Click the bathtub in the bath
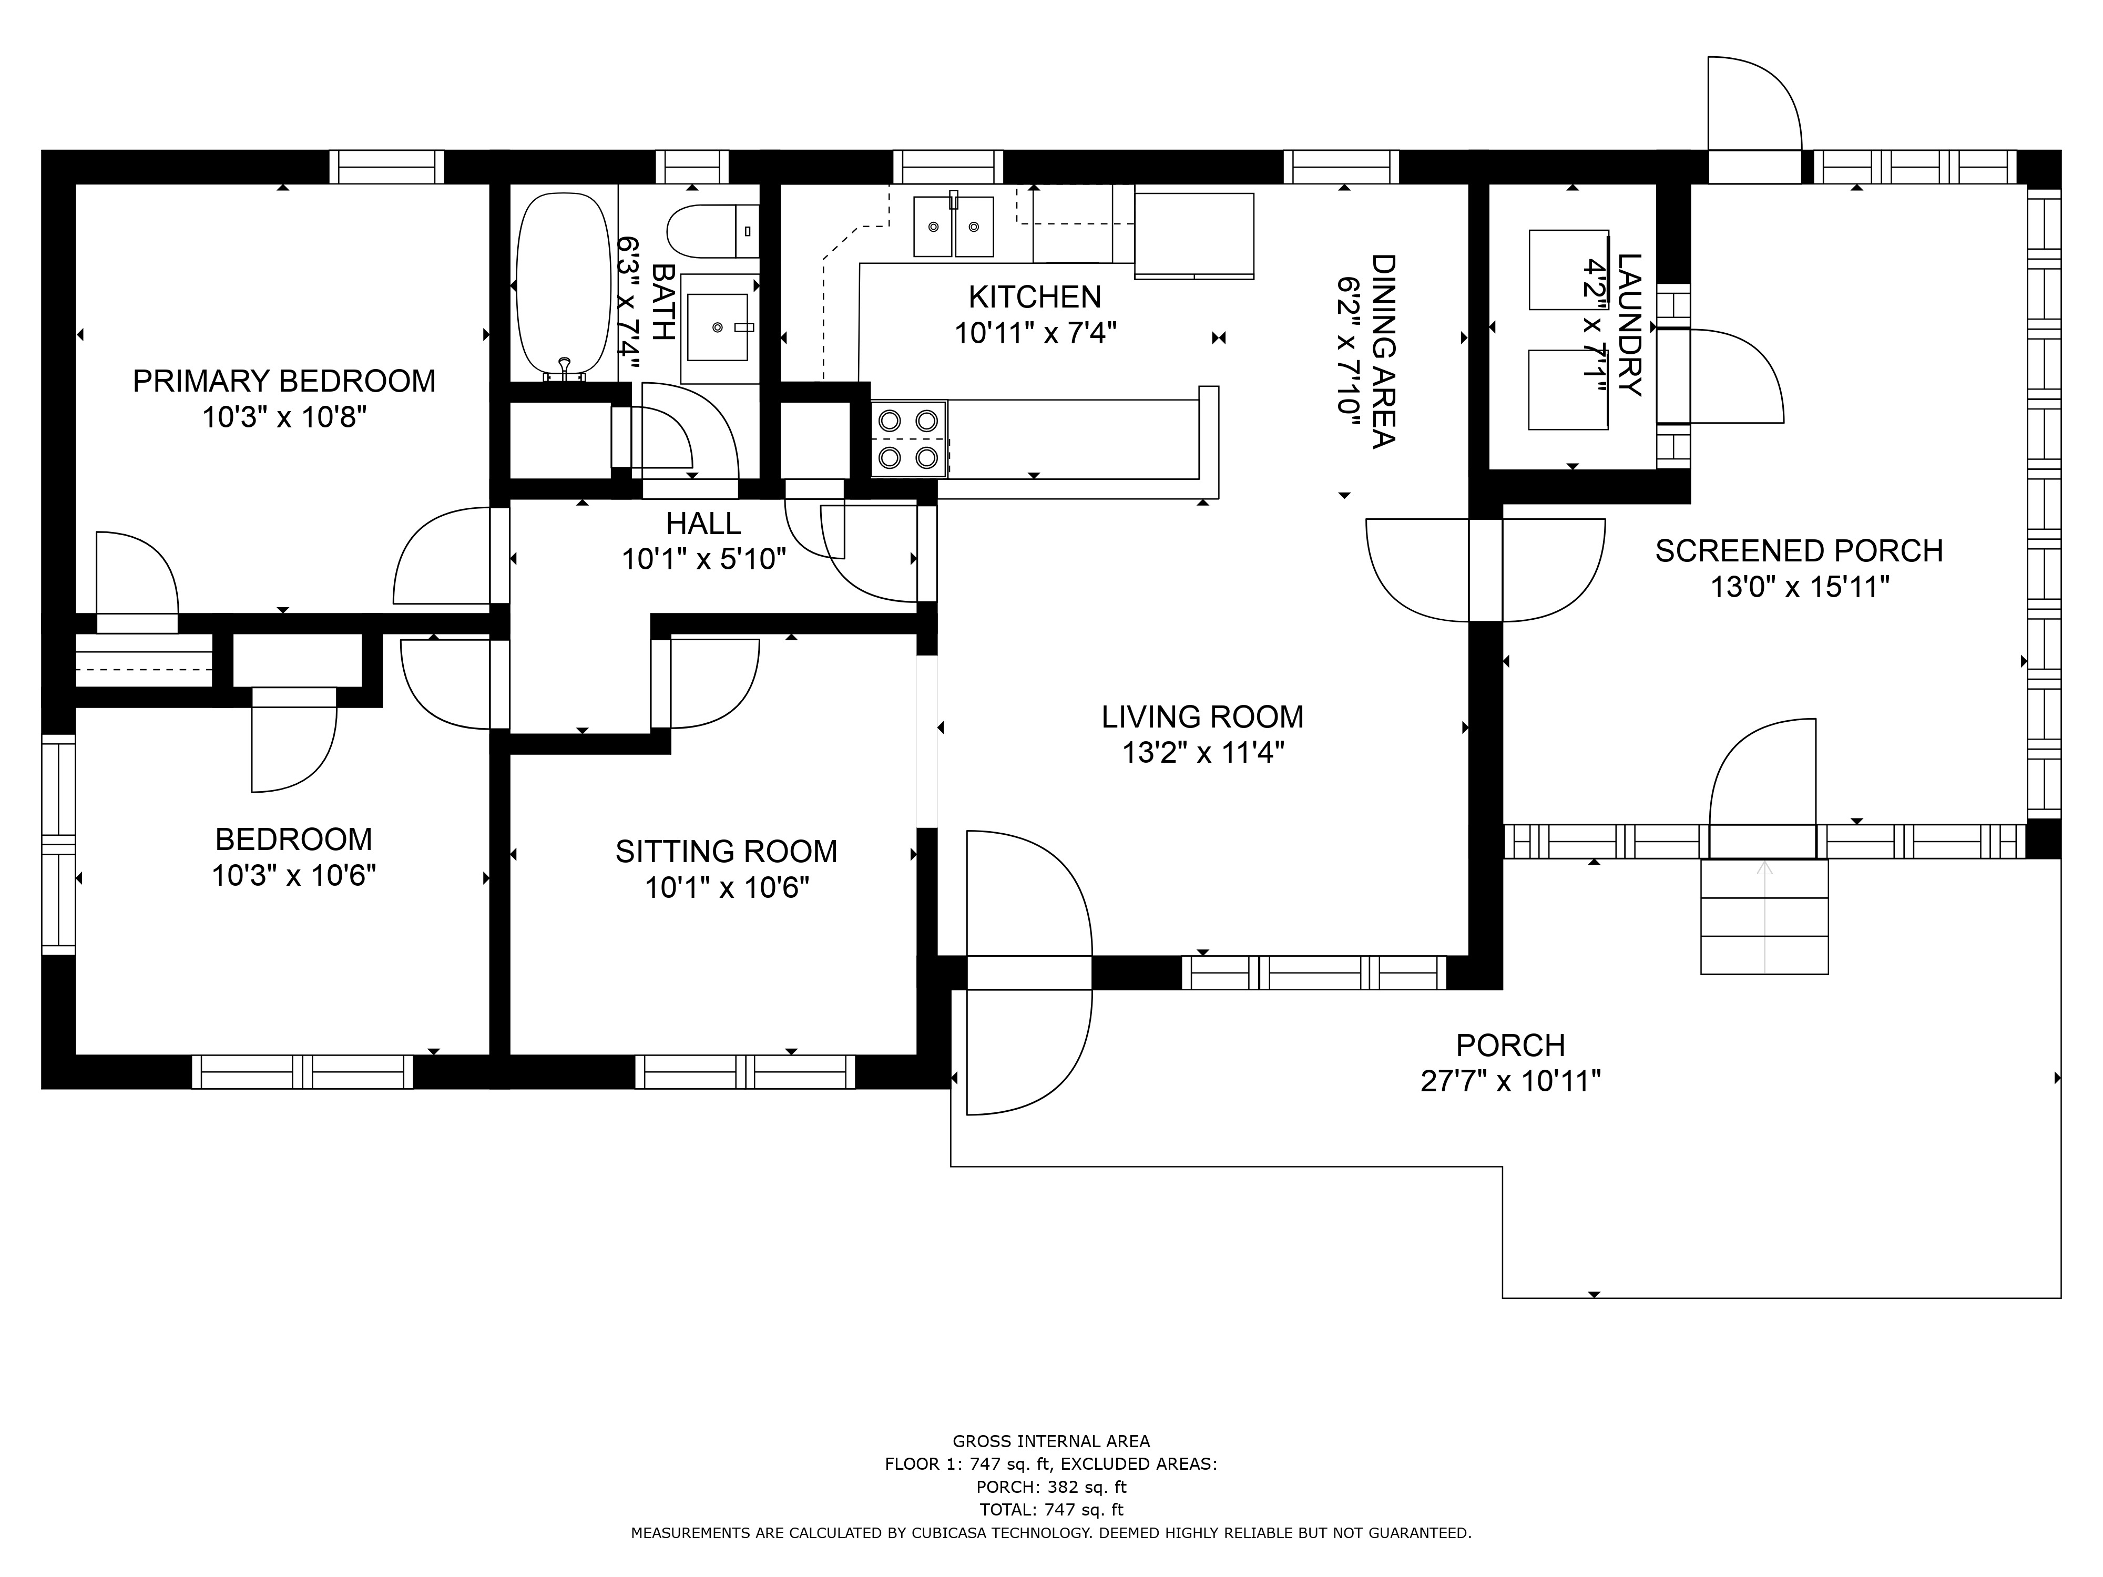pos(563,285)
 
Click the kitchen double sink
pos(954,226)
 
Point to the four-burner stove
pos(909,439)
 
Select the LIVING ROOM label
pos(1203,716)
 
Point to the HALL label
pos(703,523)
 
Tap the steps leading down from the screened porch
pos(1764,916)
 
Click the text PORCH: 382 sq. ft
pos(1051,1487)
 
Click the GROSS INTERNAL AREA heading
pos(1051,1441)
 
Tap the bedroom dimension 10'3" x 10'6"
pos(294,875)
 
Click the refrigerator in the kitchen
pos(1194,235)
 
